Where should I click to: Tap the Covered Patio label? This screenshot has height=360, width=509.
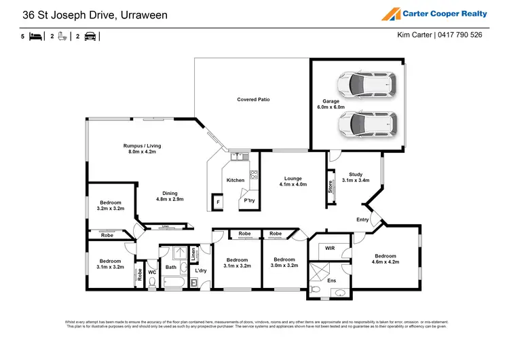pos(253,99)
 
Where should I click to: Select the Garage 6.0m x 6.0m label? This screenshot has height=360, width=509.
pos(331,104)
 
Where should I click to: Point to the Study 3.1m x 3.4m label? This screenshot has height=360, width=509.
pos(355,177)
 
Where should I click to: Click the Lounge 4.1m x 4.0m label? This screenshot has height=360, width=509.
pos(293,181)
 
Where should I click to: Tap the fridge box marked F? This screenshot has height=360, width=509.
pos(219,202)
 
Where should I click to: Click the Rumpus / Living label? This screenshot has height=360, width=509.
pos(142,149)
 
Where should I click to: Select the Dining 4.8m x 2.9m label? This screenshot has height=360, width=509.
pos(170,196)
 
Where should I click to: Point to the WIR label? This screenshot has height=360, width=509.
pos(330,249)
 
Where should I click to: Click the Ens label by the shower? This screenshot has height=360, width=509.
pos(332,280)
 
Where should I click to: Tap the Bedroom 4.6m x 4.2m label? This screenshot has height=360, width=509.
pos(386,258)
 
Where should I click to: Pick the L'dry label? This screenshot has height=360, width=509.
pos(201,271)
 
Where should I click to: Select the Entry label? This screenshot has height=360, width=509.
pos(362,219)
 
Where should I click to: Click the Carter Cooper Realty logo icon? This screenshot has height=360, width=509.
pos(392,14)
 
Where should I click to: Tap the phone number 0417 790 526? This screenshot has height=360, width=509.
pos(460,35)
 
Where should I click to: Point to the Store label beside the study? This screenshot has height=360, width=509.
pos(331,186)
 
